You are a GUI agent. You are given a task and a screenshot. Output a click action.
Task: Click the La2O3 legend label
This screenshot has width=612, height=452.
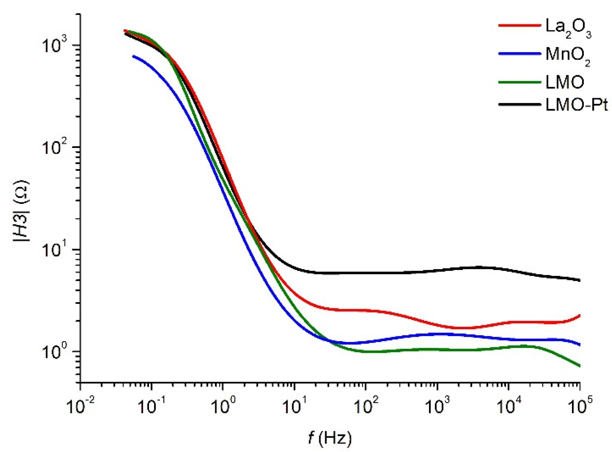pos(568,28)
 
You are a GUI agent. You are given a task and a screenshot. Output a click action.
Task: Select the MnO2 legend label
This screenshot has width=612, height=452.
pos(568,56)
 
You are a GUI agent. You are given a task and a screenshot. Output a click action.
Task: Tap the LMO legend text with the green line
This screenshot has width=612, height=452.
pos(564,82)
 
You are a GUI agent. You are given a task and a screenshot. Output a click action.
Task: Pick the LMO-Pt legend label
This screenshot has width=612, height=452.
pos(576,105)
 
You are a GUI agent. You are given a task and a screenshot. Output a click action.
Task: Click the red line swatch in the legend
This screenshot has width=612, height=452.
pos(519,25)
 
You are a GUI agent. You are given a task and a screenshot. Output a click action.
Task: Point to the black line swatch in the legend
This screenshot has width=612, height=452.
pos(519,104)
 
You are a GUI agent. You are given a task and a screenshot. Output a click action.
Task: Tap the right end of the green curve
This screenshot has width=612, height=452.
pos(579,366)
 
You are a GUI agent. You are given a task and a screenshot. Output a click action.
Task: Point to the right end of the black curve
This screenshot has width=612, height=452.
pos(579,280)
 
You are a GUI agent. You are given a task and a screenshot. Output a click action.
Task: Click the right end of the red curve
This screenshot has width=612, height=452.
pos(579,316)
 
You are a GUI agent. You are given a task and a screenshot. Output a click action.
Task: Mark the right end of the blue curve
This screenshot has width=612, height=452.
pos(579,345)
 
